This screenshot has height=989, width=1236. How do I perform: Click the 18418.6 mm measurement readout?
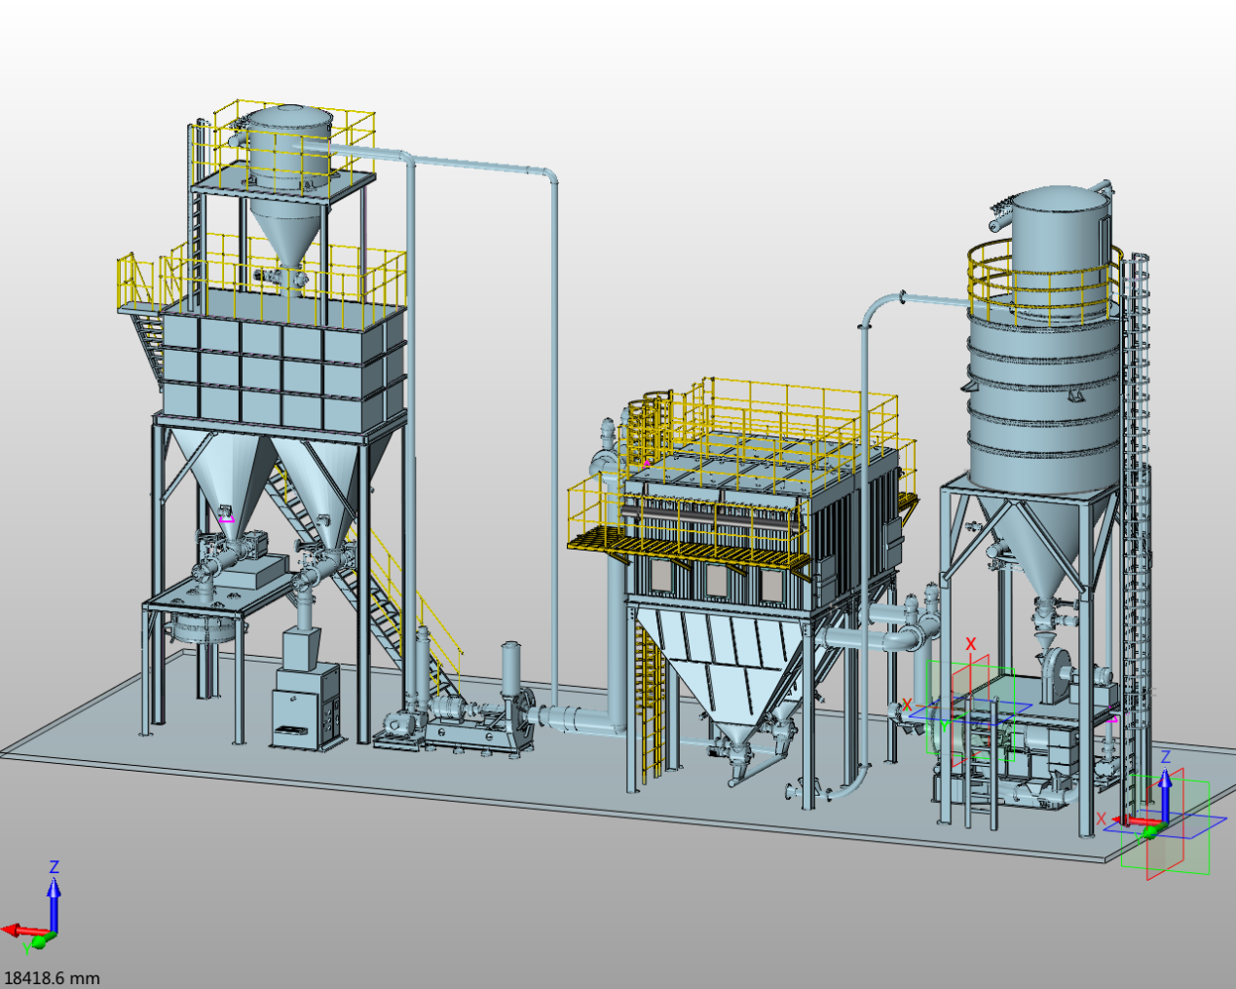[52, 977]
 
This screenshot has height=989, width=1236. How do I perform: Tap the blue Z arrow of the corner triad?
[54, 903]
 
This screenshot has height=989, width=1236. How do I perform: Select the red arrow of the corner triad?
[26, 930]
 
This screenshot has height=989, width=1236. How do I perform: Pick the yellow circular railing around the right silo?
[1042, 282]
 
